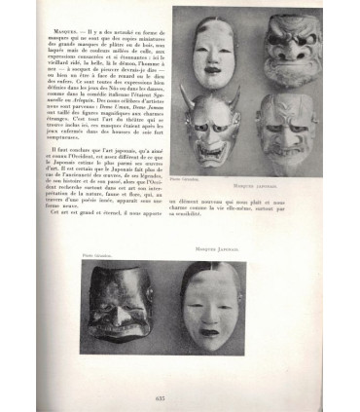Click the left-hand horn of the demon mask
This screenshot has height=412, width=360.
(185, 94)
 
